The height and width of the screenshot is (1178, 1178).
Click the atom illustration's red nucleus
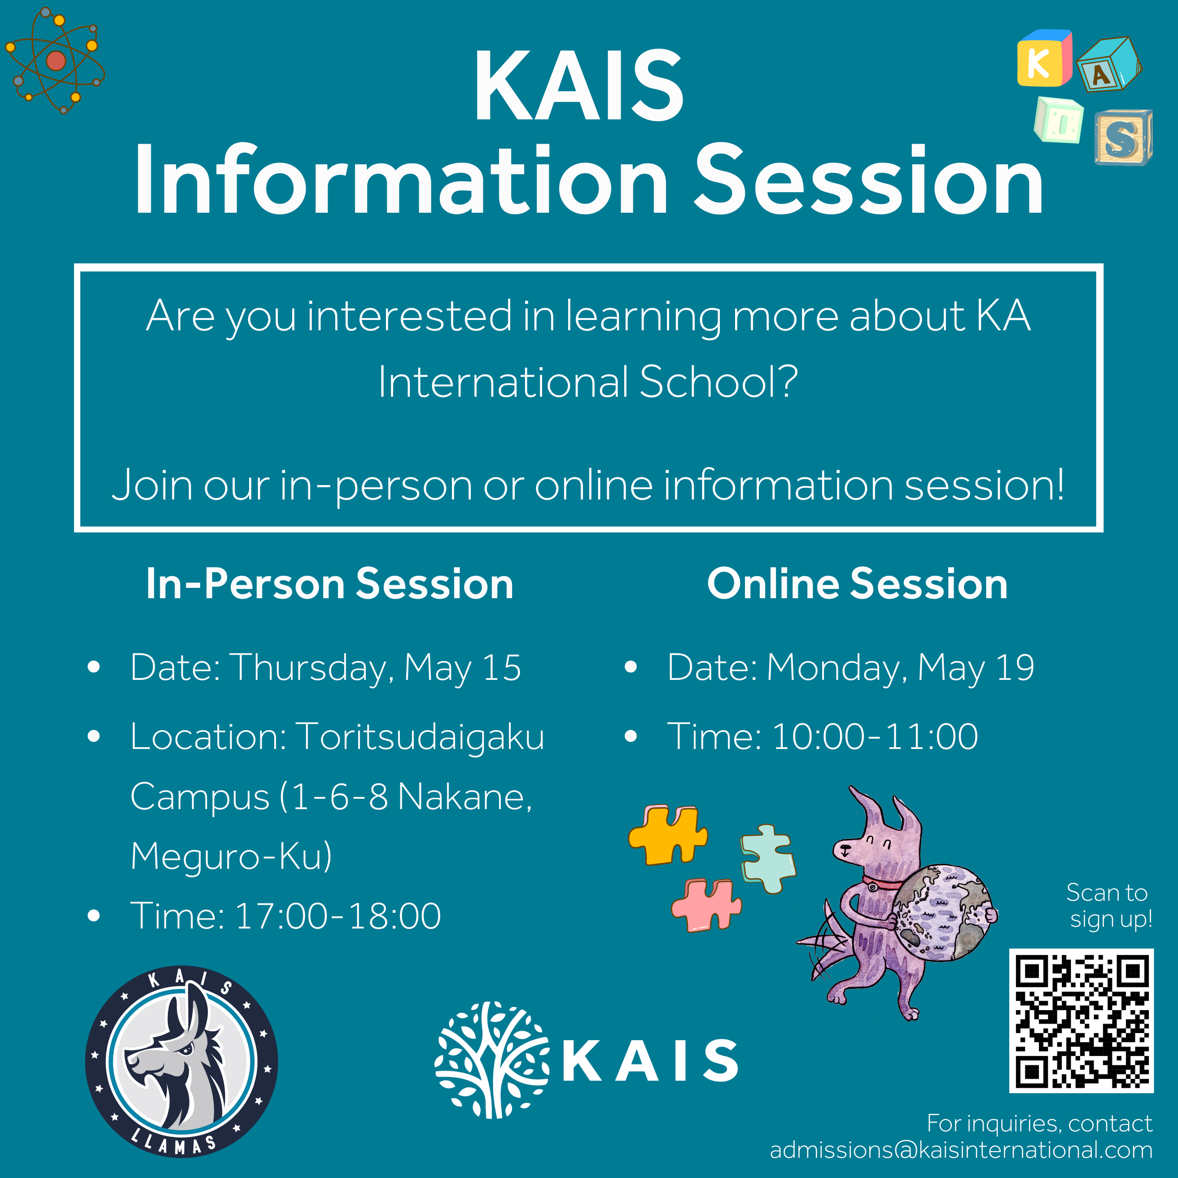click(x=56, y=61)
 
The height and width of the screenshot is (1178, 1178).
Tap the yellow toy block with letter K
click(x=1044, y=58)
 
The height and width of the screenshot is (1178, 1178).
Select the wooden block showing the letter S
click(x=1123, y=138)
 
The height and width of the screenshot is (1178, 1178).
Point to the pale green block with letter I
click(x=1059, y=121)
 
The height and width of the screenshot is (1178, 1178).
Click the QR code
click(x=1081, y=1020)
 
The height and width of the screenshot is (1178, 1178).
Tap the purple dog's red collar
click(x=882, y=883)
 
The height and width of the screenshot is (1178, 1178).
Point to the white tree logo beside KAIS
click(x=493, y=1060)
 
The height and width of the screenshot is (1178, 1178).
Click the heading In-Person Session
click(x=330, y=584)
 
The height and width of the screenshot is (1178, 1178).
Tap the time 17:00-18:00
click(x=338, y=916)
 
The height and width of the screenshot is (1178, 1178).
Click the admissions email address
click(x=961, y=1150)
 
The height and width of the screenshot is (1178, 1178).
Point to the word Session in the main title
click(x=870, y=180)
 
